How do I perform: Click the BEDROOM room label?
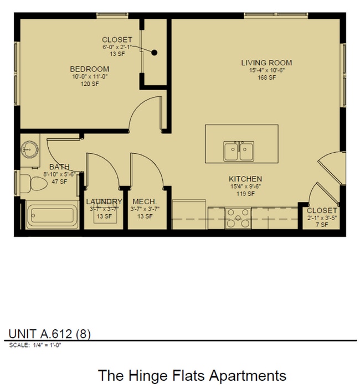89,69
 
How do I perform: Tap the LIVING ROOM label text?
266,63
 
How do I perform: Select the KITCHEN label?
245,179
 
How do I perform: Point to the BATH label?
59,167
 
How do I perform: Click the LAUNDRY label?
104,201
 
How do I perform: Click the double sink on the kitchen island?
239,150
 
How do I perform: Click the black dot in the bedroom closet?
155,53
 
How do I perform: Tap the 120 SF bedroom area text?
89,84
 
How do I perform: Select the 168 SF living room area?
266,77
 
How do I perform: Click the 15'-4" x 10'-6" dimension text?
266,70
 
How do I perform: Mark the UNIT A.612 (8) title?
50,333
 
